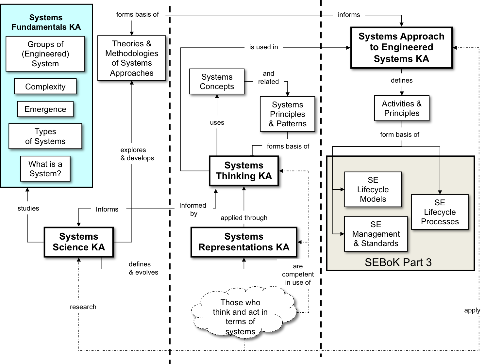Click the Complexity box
pyautogui.click(x=45, y=87)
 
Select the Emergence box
pyautogui.click(x=45, y=109)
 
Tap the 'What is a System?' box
pyautogui.click(x=45, y=169)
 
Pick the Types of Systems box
pyautogui.click(x=45, y=136)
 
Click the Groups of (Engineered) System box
pyautogui.click(x=45, y=54)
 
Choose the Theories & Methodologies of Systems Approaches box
pyautogui.click(x=132, y=58)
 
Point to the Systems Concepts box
pyautogui.click(x=217, y=82)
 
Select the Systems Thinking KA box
pyautogui.click(x=244, y=171)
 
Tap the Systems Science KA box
pyautogui.click(x=79, y=242)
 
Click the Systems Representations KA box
pyautogui.click(x=244, y=242)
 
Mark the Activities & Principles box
pyautogui.click(x=402, y=108)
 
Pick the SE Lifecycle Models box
pyautogui.click(x=373, y=189)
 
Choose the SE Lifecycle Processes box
pyautogui.click(x=440, y=212)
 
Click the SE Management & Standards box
pyautogui.click(x=376, y=234)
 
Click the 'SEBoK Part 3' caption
pyautogui.click(x=398, y=262)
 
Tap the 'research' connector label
pyautogui.click(x=83, y=307)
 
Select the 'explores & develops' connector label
pyautogui.click(x=137, y=154)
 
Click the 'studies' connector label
pyautogui.click(x=28, y=208)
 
